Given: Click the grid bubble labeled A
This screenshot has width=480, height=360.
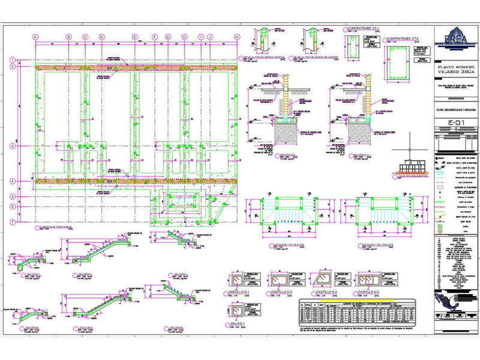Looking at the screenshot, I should [35, 37].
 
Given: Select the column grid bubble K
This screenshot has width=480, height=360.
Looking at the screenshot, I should [237, 37].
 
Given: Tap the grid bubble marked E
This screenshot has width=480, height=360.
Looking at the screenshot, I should [136, 37].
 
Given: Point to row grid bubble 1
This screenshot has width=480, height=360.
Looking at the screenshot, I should [12, 59].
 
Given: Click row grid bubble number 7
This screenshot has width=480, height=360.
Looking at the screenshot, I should [12, 222].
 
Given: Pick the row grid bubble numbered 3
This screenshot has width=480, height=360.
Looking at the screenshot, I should [12, 146].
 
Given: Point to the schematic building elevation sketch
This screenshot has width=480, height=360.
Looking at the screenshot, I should [410, 166].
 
